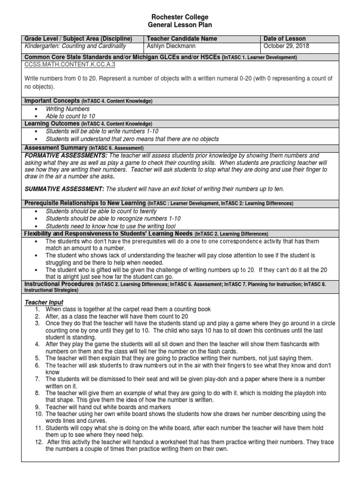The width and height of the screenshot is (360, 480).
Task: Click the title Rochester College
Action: pos(180,17)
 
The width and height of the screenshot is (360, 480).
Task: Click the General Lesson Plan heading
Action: pos(180,25)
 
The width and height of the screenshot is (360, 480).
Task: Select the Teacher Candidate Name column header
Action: pos(175,38)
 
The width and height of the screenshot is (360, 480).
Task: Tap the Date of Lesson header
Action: pos(285,38)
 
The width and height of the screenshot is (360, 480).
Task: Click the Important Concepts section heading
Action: pos(52,101)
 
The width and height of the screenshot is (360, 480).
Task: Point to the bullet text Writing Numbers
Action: pos(67,109)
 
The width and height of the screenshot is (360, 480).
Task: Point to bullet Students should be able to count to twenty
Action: pos(101,211)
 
